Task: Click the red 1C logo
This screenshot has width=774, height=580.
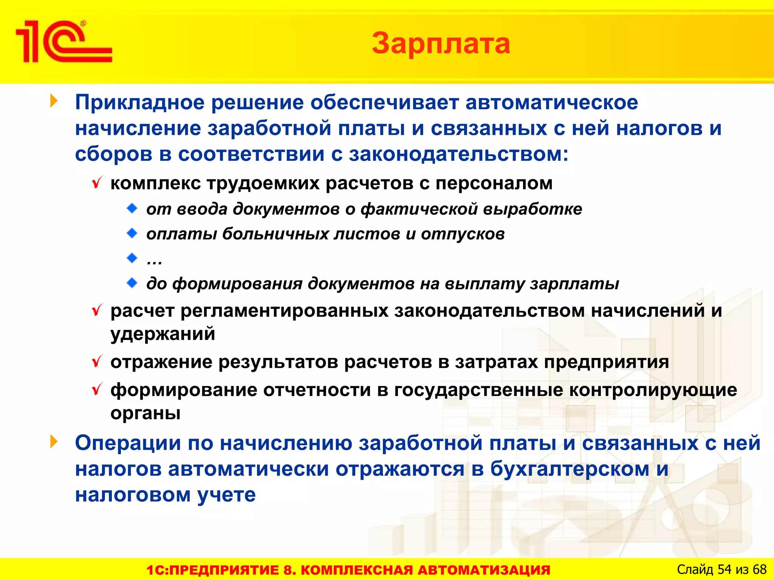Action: click(63, 42)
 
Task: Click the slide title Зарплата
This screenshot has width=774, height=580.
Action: click(441, 43)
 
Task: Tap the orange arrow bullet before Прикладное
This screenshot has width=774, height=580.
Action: click(54, 101)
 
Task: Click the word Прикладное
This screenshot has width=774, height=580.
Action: click(139, 103)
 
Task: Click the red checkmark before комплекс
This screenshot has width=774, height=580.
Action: click(97, 183)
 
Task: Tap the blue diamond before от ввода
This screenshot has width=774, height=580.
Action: click(132, 208)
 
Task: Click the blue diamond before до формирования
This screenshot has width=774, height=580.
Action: click(132, 283)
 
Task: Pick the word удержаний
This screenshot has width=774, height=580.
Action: click(163, 334)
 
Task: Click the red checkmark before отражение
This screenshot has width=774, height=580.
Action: click(97, 362)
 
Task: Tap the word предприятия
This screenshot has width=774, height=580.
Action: click(606, 362)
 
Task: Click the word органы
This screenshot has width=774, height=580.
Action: click(145, 413)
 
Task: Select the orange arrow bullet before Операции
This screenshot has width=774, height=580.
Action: click(54, 442)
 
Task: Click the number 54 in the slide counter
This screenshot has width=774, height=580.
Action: click(724, 569)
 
